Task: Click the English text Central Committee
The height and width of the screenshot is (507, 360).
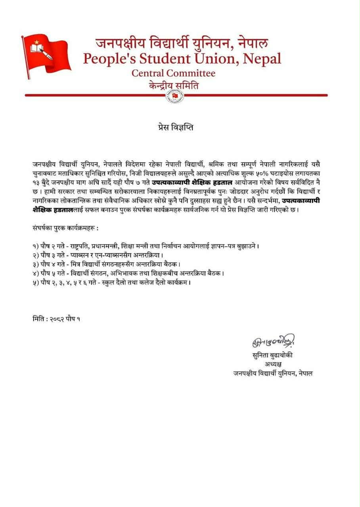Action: pos(173,73)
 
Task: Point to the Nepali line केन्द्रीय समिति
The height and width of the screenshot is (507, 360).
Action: pos(173,86)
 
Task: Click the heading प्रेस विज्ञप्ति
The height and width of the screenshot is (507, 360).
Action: pos(174,128)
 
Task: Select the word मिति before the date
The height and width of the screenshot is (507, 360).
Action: pos(38,318)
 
